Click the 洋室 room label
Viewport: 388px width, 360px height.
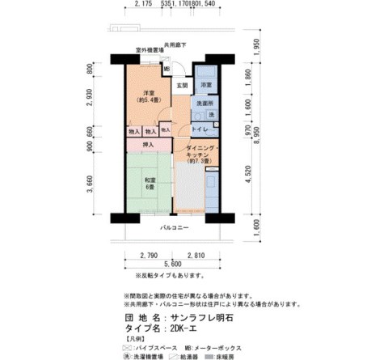[145, 95]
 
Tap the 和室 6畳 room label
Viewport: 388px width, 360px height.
[150, 184]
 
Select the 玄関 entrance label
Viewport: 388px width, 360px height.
[182, 85]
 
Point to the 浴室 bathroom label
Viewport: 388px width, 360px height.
[206, 85]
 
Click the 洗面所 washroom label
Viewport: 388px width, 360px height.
[205, 105]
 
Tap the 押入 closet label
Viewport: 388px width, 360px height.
[148, 145]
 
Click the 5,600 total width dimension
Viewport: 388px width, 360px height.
[171, 265]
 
